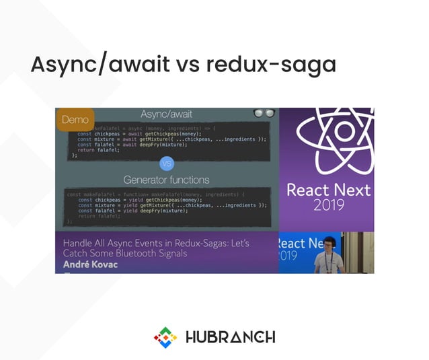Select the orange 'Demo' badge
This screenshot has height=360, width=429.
[75, 120]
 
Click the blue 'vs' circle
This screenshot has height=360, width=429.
[166, 164]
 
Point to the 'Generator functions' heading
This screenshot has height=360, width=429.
[166, 180]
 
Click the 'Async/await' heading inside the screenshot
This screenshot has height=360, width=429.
[166, 114]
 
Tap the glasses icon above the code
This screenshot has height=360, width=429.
[264, 114]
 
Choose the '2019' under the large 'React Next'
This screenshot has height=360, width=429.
[327, 205]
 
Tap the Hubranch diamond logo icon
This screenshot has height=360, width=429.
[165, 336]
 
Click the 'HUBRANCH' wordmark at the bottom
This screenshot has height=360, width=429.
[229, 336]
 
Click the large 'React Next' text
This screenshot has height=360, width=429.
[327, 188]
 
